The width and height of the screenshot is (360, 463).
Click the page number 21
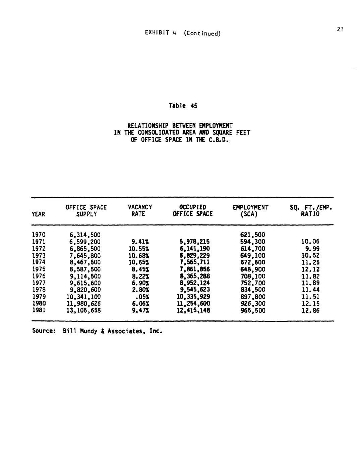click(x=340, y=30)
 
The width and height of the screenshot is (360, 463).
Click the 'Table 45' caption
click(x=183, y=106)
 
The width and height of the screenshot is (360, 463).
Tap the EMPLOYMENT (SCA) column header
click(x=250, y=211)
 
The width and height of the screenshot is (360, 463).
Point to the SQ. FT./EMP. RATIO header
click(x=311, y=211)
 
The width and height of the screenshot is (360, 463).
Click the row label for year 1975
click(x=39, y=269)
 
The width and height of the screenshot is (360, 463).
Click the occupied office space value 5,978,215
click(x=194, y=242)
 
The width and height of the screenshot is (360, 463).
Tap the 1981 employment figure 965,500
click(x=253, y=310)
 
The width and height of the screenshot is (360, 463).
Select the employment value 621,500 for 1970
click(x=253, y=235)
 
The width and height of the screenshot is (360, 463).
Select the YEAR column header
click(x=38, y=214)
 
